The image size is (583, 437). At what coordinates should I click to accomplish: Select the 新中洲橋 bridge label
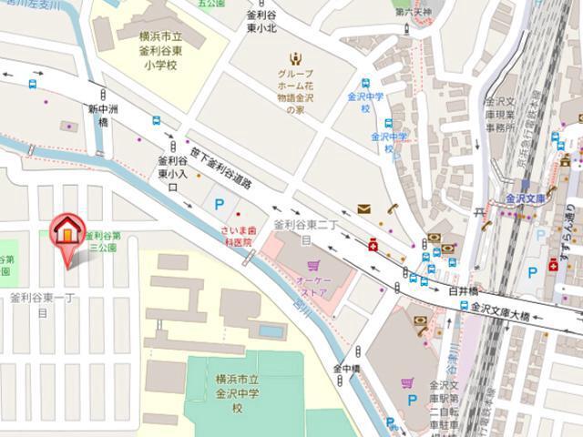pyautogui.click(x=97, y=115)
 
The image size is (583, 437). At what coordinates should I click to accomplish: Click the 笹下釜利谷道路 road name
pyautogui.click(x=220, y=168)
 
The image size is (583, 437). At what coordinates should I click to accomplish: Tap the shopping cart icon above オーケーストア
pyautogui.click(x=313, y=267)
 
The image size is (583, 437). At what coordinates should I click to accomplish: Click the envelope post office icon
pyautogui.click(x=363, y=209)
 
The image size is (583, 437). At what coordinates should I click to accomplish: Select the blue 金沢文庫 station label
pyautogui.click(x=525, y=198)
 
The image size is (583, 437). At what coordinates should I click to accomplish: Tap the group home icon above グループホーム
pyautogui.click(x=293, y=58)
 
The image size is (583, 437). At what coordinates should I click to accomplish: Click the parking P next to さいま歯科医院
pyautogui.click(x=219, y=205)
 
